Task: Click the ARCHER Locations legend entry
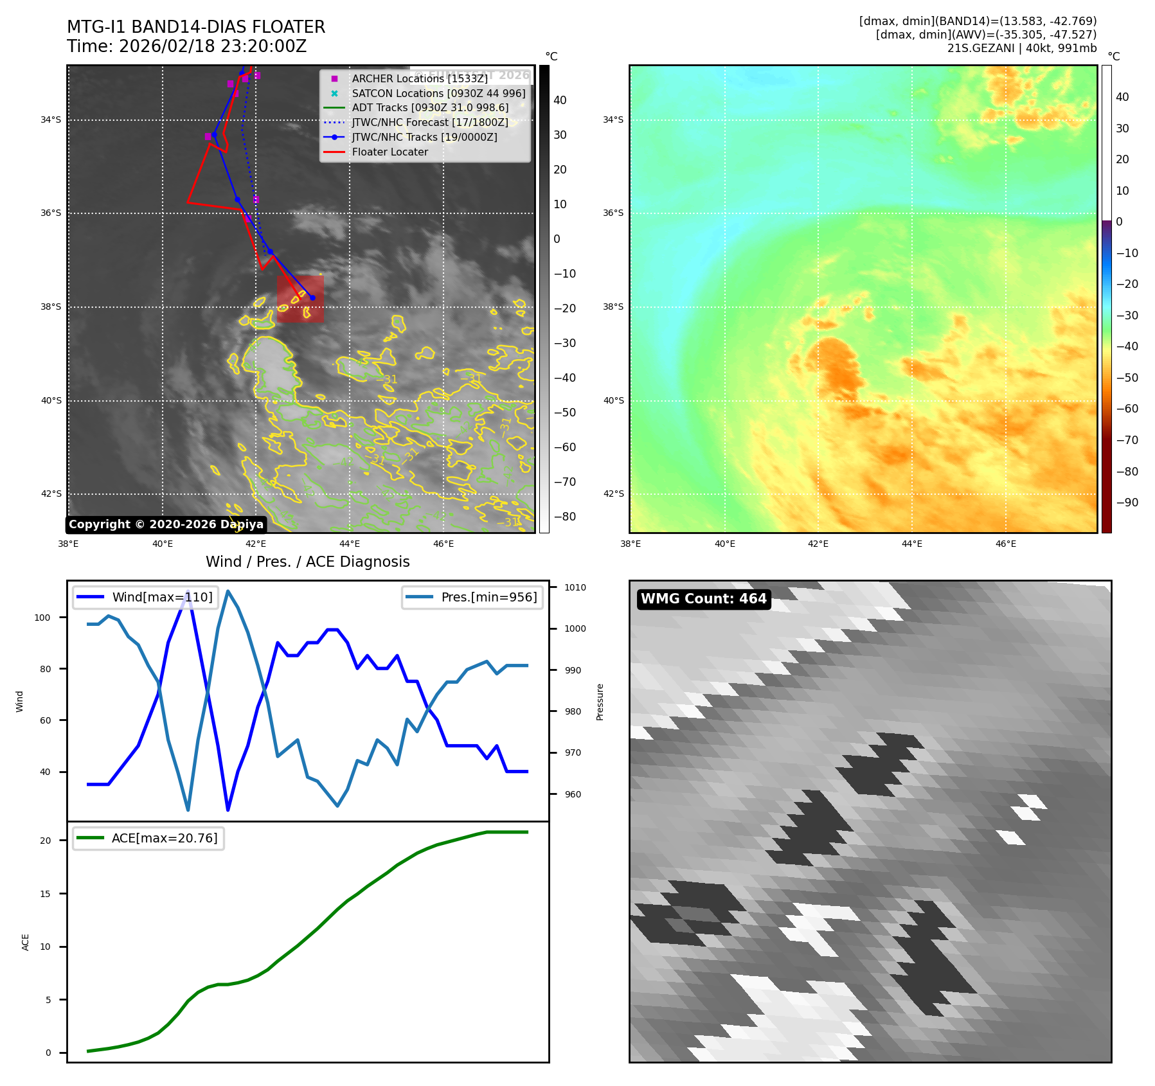[x=419, y=78]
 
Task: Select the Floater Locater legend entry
[x=389, y=152]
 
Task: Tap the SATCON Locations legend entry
[x=438, y=93]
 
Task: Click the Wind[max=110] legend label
[x=162, y=597]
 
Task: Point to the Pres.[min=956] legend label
[x=488, y=597]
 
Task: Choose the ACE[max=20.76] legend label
[x=165, y=838]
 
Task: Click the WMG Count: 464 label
[x=703, y=599]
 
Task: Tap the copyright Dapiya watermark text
[x=166, y=524]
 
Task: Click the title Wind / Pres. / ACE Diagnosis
[x=307, y=562]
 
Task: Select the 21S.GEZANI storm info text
[x=1021, y=48]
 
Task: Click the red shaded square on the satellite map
[x=300, y=299]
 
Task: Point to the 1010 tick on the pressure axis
[x=575, y=587]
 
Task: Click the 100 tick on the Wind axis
[x=42, y=618]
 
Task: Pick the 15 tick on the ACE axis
[x=45, y=894]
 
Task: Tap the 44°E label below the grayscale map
[x=350, y=544]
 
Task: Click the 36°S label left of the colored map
[x=613, y=213]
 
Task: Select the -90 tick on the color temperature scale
[x=1127, y=503]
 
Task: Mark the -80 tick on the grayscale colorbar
[x=564, y=517]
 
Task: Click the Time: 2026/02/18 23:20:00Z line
[x=186, y=47]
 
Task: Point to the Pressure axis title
[x=600, y=702]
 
